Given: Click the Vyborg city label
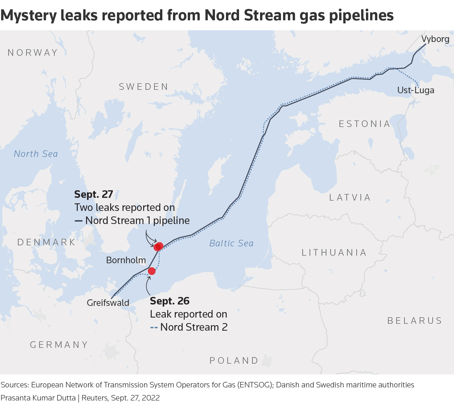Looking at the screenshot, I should coord(435,39).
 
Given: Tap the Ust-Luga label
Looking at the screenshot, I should coord(415,90).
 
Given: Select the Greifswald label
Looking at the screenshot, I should coord(108,303).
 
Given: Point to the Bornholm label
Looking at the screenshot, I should coord(126,260).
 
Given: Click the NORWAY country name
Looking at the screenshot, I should coord(33,53).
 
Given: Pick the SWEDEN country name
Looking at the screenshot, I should coord(144,87).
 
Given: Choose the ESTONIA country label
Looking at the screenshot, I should coord(365,124).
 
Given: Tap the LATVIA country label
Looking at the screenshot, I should coord(350,197).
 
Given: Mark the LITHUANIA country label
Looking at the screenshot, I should coord(334,253).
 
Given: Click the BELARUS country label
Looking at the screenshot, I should coord(415,321).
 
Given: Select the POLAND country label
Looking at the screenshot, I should coord(234,361).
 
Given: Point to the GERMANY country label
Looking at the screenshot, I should coord(59,345).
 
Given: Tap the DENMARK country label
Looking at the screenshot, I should coord(46,242).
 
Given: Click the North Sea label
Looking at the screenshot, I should coord(36,154).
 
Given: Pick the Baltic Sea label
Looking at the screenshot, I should coord(231,243).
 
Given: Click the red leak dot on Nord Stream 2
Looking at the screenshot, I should coord(152,271).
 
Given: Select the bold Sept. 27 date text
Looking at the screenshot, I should coord(94,194).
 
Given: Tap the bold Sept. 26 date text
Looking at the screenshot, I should coord(170,301).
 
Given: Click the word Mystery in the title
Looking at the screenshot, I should coord(29,15).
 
